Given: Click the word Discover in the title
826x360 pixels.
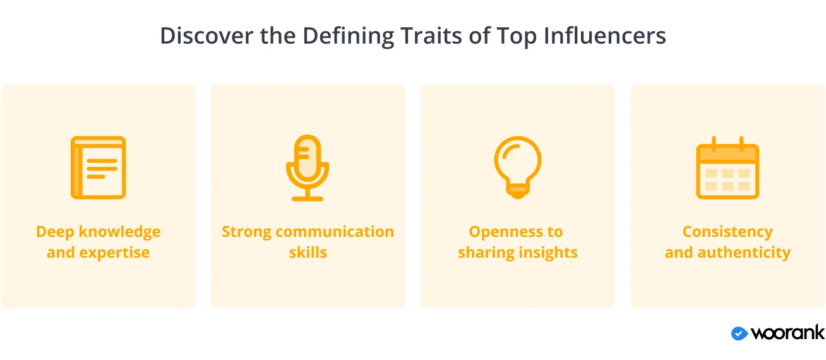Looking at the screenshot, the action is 206,36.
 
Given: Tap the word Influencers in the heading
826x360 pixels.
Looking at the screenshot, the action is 605,36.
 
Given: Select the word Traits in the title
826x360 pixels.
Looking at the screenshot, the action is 431,36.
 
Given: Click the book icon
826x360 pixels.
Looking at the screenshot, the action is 99,167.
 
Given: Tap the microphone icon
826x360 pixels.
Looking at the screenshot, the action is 308,168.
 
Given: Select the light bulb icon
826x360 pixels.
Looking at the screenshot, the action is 518,167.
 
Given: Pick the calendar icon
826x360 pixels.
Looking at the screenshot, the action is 727,167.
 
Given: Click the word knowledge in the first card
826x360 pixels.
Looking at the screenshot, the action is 119,232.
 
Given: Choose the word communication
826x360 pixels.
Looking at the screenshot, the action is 335,232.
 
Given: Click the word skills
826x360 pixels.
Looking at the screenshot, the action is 308,253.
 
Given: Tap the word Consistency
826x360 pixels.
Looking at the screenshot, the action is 727,232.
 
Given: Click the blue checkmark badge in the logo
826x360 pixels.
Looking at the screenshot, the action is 739,333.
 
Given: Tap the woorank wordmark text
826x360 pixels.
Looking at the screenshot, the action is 787,332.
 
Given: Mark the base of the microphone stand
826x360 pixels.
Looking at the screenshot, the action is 308,199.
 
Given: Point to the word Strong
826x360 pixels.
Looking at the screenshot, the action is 246,232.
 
